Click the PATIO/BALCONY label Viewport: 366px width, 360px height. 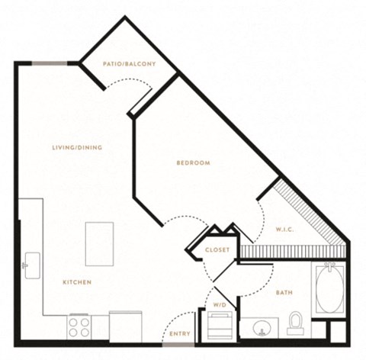pyautogui.click(x=130, y=64)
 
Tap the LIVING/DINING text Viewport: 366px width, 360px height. pyautogui.click(x=77, y=147)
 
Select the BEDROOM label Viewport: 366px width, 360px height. pyautogui.click(x=194, y=162)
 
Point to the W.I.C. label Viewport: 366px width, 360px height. pyautogui.click(x=285, y=230)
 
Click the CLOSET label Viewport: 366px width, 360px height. pyautogui.click(x=217, y=250)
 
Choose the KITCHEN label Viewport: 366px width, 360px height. pyautogui.click(x=77, y=282)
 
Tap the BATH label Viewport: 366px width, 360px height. pyautogui.click(x=284, y=293)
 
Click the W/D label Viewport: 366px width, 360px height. pyautogui.click(x=220, y=305)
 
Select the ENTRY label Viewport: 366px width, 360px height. pyautogui.click(x=180, y=333)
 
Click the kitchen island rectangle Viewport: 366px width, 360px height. pyautogui.click(x=99, y=244)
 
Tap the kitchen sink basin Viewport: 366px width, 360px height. pyautogui.click(x=33, y=265)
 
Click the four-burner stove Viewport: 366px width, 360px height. pyautogui.click(x=79, y=327)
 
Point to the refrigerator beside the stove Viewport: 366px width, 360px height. pyautogui.click(x=126, y=326)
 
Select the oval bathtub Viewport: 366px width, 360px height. pyautogui.click(x=329, y=290)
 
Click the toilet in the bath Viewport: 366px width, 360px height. pyautogui.click(x=295, y=323)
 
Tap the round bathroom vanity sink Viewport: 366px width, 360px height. pyautogui.click(x=262, y=328)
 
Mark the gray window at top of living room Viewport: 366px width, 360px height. pyautogui.click(x=50, y=63)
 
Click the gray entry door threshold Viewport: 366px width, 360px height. pyautogui.click(x=178, y=345)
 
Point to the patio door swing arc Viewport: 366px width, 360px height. pyautogui.click(x=129, y=79)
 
